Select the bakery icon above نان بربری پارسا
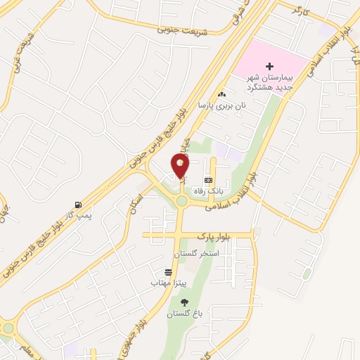(x=222, y=94)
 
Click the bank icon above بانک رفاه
(x=208, y=180)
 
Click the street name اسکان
(x=136, y=203)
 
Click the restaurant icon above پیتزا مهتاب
(x=168, y=272)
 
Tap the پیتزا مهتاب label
(x=167, y=283)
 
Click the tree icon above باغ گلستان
(x=184, y=302)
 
